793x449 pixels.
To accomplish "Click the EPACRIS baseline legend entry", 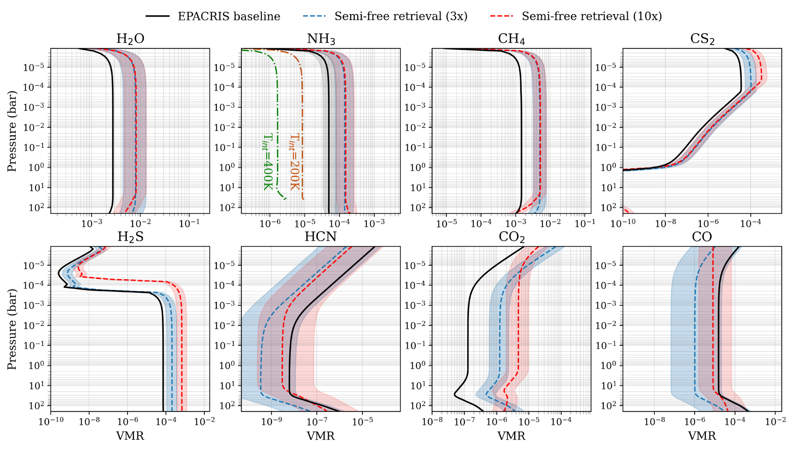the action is pos(213,16).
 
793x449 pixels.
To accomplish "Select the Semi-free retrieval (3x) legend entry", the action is pos(385,16).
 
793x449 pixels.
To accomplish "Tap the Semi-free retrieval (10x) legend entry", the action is pos(576,16).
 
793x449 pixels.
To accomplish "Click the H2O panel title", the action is pos(130,39).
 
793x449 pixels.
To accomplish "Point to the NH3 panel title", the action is pos(321,39).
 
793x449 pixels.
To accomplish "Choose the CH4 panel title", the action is pos(512,39).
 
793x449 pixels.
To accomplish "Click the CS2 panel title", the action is pos(702,39).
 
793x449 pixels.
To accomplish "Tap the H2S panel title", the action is pos(130,237).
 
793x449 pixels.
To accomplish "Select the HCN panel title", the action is pos(320,237).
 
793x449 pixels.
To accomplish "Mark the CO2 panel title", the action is pos(512,237).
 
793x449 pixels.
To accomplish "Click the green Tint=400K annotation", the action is pos(268,162).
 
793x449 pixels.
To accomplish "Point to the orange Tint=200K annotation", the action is pos(294,162).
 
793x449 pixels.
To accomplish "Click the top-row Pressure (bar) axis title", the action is pos(12,131).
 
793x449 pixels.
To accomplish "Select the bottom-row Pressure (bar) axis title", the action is pos(12,329).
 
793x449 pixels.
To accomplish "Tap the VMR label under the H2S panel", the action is pos(130,436).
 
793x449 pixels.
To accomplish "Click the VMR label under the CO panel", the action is pos(702,436).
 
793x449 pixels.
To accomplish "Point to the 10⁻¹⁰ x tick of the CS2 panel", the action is pos(623,223).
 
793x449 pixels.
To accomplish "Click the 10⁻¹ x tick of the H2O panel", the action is pos(189,223).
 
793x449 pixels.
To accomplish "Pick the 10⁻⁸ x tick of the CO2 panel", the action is pos(432,421).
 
